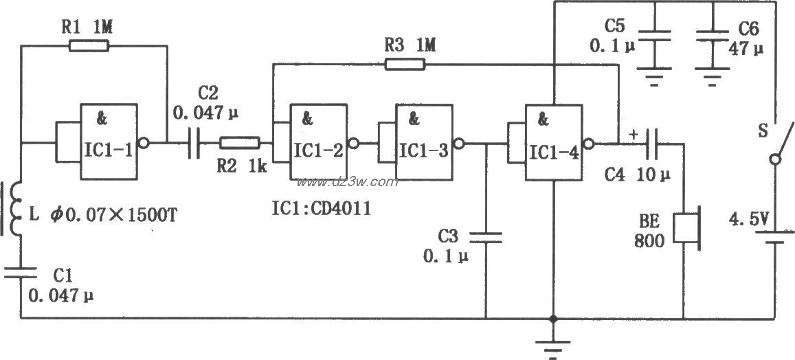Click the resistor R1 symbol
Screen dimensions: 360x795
(x=89, y=46)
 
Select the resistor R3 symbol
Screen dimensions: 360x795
(x=405, y=65)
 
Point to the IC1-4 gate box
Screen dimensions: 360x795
(x=552, y=143)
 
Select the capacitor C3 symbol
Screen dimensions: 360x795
(x=486, y=237)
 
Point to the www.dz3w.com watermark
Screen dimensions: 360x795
(x=347, y=182)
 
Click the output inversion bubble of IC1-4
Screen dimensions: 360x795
(x=587, y=144)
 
